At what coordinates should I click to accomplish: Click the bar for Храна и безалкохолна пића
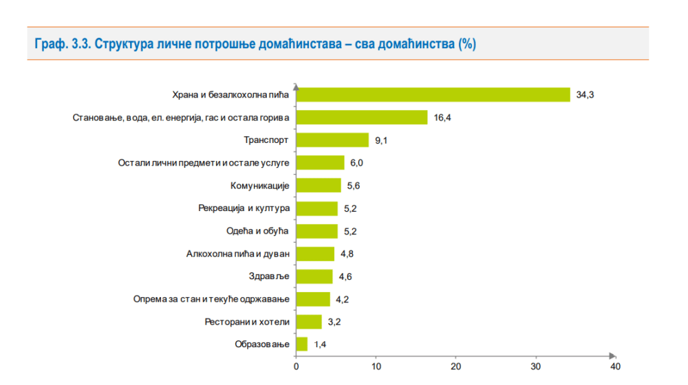click(433, 95)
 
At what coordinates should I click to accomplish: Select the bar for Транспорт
click(332, 140)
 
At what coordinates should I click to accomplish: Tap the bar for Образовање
click(301, 344)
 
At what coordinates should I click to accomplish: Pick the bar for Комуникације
click(319, 186)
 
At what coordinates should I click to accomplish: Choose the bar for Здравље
click(314, 276)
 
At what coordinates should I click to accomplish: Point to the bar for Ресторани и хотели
click(309, 322)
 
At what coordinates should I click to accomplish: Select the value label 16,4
click(442, 118)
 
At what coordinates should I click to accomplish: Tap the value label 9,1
click(382, 140)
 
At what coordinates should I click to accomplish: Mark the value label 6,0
click(358, 163)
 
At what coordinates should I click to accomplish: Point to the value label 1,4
click(320, 344)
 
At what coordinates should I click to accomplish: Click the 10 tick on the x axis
click(376, 356)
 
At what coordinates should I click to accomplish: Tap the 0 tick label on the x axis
click(296, 366)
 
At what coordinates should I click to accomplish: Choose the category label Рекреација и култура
click(244, 208)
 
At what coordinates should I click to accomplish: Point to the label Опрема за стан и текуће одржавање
click(212, 299)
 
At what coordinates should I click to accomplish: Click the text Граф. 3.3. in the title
click(61, 44)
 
